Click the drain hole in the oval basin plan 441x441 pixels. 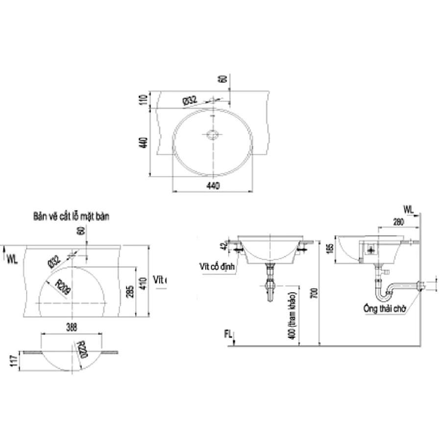click(212, 135)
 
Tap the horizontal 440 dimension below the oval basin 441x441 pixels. click(213, 185)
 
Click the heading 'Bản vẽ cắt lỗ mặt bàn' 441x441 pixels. click(71, 216)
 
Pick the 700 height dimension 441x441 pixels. click(314, 294)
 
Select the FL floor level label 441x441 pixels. click(228, 335)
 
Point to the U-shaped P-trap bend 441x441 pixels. click(384, 295)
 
